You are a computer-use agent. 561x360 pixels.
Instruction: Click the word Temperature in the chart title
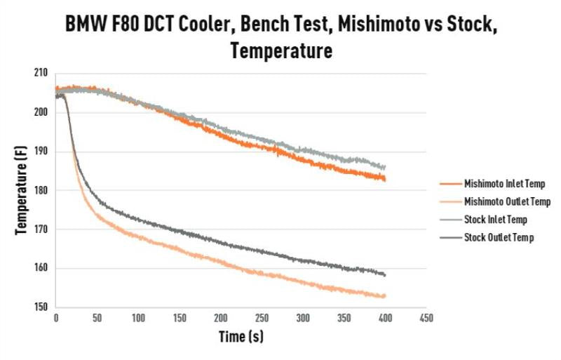point(280,51)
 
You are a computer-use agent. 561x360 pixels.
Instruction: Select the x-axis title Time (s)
point(241,336)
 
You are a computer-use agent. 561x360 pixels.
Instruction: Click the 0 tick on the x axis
point(55,318)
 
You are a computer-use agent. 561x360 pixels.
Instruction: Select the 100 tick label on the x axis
point(137,318)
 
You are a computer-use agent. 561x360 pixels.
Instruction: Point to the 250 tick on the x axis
point(261,318)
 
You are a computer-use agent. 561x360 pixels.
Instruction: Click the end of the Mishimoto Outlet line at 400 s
point(385,296)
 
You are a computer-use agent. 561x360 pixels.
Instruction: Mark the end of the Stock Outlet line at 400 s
point(385,274)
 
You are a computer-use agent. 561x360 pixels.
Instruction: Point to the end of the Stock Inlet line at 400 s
point(385,167)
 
